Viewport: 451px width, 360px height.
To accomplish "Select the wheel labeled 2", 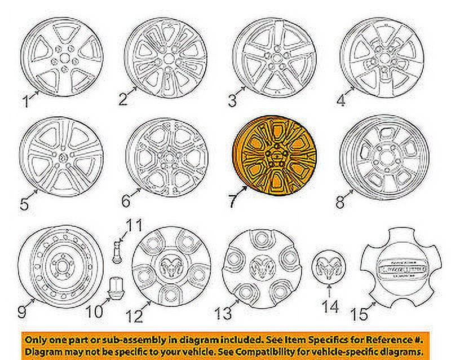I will coord(165,57).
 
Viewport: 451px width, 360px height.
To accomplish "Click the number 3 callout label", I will coord(232,102).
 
